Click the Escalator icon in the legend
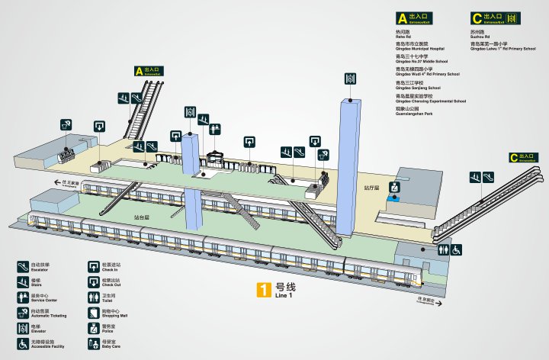click(x=23, y=266)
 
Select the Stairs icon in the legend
click(x=23, y=281)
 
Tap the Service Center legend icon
click(x=23, y=297)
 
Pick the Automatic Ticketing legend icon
click(x=23, y=313)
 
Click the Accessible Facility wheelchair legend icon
click(x=23, y=344)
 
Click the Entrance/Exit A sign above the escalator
click(x=149, y=71)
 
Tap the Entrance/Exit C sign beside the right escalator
click(x=525, y=158)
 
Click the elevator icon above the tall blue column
click(x=351, y=79)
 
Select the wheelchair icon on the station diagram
click(x=457, y=249)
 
